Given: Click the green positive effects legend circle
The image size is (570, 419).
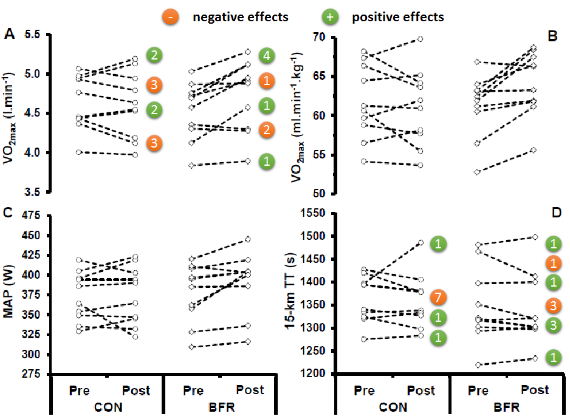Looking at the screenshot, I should tap(329, 17).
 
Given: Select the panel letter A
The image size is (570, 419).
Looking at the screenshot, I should tap(10, 35).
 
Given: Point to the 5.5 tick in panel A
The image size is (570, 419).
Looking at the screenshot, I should tap(35, 35).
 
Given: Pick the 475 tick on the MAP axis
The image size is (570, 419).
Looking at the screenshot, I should tap(32, 216).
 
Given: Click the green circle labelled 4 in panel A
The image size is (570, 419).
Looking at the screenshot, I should tap(266, 56).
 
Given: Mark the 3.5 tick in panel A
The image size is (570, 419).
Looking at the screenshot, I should tap(35, 192).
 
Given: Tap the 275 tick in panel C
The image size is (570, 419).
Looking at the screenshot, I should tap(32, 374).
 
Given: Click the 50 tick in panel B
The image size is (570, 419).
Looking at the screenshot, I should tap(320, 194).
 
